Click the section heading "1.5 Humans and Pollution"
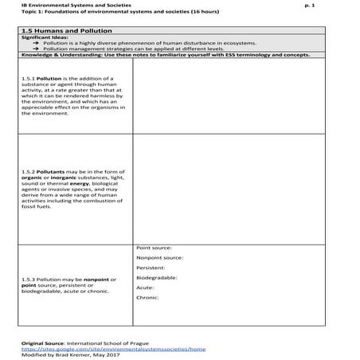(x=57, y=29)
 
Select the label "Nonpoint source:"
(x=160, y=257)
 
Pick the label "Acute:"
(x=146, y=288)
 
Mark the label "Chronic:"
(x=149, y=297)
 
